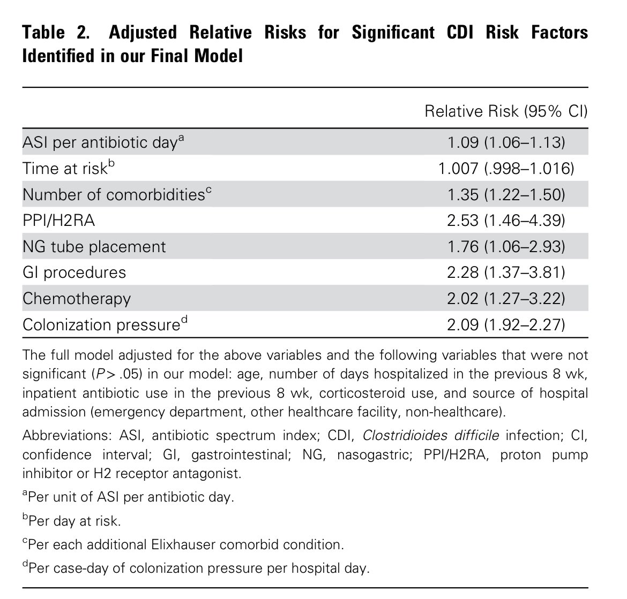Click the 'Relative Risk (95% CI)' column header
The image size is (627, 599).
(505, 111)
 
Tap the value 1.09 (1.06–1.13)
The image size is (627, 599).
(506, 143)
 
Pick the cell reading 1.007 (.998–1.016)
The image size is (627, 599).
(506, 169)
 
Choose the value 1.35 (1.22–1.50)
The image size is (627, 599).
(506, 195)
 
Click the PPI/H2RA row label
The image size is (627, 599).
(58, 221)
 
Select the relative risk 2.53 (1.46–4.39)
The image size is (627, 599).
(506, 221)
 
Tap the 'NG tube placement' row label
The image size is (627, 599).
(94, 247)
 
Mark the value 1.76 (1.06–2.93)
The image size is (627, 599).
(506, 247)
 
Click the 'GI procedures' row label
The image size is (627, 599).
(74, 272)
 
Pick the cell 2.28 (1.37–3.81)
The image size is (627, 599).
(506, 272)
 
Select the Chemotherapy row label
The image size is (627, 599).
(76, 299)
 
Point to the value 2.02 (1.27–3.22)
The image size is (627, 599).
(506, 299)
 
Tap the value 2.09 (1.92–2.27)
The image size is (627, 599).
(506, 325)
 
